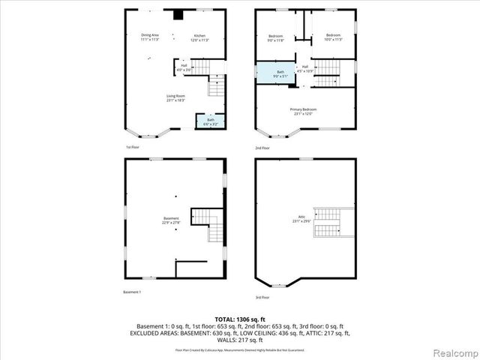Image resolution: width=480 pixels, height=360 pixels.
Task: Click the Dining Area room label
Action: (150, 37)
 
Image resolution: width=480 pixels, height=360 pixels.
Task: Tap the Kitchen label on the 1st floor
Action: (200, 37)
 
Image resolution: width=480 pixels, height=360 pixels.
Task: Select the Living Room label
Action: (175, 97)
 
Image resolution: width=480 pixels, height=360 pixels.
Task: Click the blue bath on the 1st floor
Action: (211, 121)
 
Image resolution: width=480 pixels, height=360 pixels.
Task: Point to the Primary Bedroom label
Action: (304, 112)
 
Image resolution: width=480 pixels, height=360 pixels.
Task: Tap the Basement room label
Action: (171, 220)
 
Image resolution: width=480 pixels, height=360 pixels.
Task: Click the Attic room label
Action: (302, 220)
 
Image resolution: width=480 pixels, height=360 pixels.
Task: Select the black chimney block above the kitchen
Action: (178, 13)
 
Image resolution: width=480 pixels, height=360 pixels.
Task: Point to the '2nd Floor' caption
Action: (262, 148)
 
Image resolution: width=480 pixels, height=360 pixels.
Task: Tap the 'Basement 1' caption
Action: (132, 292)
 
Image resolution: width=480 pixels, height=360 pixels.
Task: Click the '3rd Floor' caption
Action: (262, 298)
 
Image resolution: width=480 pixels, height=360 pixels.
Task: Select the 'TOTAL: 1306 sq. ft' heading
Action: (240, 319)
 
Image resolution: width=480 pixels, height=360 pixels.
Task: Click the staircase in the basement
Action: (206, 224)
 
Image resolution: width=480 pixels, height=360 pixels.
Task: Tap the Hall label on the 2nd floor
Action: (304, 68)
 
